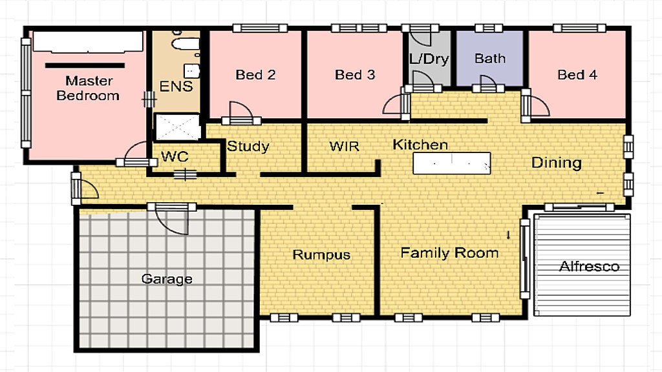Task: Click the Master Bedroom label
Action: click(88, 88)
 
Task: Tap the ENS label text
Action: click(176, 86)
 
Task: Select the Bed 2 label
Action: click(255, 75)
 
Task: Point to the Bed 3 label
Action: click(355, 75)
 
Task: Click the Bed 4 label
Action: click(577, 75)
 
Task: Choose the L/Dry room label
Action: click(429, 59)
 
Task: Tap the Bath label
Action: click(490, 58)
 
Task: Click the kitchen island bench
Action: click(452, 163)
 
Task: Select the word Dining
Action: click(557, 163)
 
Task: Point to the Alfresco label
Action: click(589, 267)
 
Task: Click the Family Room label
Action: click(449, 253)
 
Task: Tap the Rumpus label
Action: click(321, 254)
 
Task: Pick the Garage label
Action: click(167, 279)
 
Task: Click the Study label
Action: click(248, 147)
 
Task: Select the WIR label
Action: click(344, 147)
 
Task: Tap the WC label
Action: click(175, 156)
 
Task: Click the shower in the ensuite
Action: click(178, 127)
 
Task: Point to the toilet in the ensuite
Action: click(185, 43)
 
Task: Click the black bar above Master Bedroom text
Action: click(85, 65)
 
